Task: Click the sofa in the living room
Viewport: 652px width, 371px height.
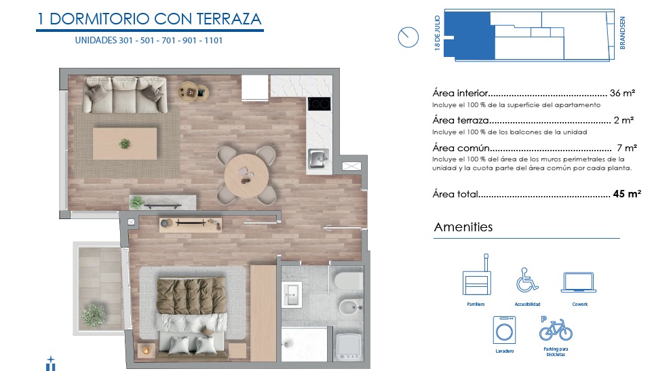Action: click(125, 95)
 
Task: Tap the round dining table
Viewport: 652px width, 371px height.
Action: click(246, 175)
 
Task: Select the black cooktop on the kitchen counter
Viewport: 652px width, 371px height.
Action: click(319, 104)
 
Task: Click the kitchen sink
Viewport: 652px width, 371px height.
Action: click(318, 158)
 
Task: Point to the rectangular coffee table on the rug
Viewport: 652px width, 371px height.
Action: click(125, 144)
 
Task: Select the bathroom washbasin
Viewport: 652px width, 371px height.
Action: click(292, 294)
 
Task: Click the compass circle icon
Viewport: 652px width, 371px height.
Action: click(408, 37)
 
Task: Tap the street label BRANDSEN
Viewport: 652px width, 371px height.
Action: click(622, 33)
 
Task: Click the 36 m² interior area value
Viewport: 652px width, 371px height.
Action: click(622, 93)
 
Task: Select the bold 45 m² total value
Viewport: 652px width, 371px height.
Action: click(627, 194)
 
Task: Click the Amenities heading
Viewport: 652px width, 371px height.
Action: click(463, 227)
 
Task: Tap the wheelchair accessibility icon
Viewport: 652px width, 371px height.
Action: click(527, 280)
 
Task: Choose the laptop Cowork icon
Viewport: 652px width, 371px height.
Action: click(579, 283)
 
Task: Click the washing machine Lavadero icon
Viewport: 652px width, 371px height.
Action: click(504, 330)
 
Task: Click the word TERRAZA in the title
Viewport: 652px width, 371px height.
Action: click(229, 19)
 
